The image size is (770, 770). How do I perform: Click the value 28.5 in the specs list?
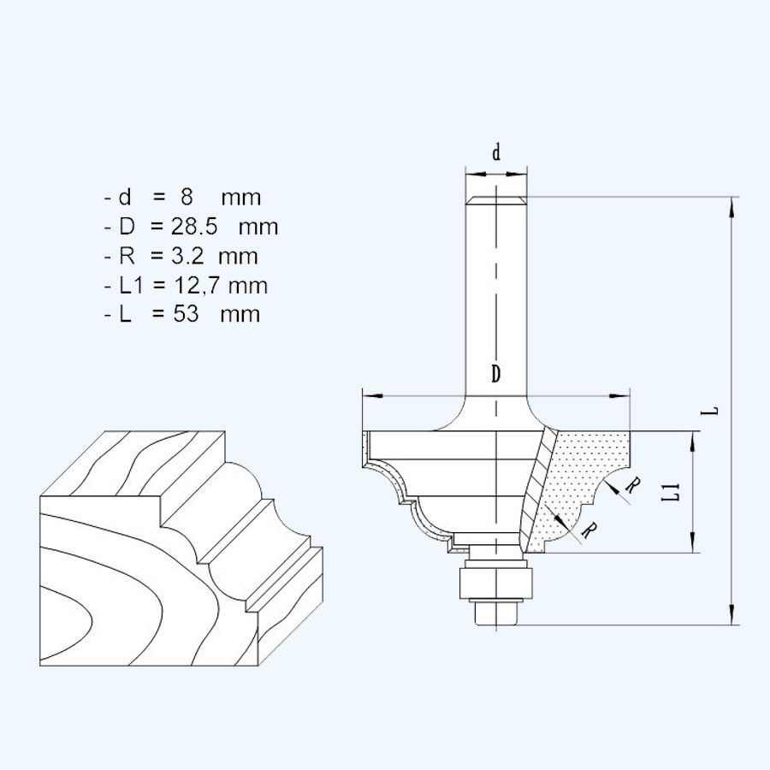(x=192, y=228)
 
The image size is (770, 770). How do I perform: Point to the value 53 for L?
(x=184, y=314)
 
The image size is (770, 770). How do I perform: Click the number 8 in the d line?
(x=187, y=198)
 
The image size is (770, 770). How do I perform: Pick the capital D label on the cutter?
(x=496, y=374)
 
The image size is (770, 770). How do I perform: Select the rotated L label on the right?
(x=712, y=410)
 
